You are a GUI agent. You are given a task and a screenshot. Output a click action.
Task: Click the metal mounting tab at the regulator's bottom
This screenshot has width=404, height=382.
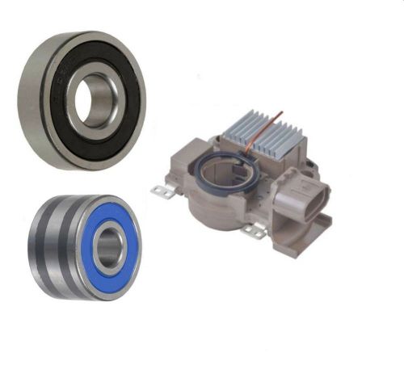click(x=254, y=232)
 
